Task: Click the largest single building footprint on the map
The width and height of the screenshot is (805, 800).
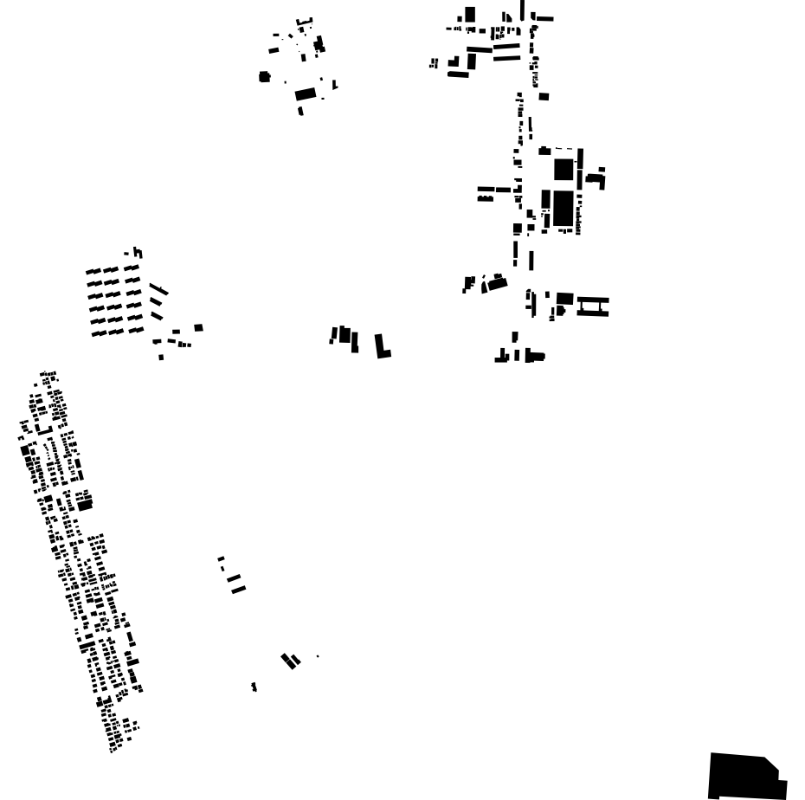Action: point(744,776)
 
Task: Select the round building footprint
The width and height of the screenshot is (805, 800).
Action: point(265,77)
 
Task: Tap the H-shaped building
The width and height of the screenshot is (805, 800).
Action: point(593,306)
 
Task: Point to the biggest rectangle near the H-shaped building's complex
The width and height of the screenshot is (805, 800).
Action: point(563,209)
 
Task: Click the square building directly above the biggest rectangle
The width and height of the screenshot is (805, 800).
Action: point(563,169)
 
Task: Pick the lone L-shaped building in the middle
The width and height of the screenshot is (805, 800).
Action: point(382,346)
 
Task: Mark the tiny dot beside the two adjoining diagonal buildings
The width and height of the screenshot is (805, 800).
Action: point(318,656)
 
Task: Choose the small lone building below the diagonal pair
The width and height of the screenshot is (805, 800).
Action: point(254,687)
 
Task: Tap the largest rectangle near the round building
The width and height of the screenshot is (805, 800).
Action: point(306,94)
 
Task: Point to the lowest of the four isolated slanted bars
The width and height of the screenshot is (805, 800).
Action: point(238,590)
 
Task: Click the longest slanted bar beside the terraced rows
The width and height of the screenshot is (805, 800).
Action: point(158,288)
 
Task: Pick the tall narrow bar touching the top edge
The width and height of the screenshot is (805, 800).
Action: point(522,9)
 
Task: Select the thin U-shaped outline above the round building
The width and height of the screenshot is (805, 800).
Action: point(304,22)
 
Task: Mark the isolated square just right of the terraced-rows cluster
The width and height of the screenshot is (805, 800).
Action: point(198,327)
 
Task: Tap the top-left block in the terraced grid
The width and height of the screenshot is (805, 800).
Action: point(93,272)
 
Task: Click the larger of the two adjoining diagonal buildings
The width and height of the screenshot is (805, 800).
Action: point(287,661)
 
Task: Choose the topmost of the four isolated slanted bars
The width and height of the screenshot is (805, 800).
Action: point(221,558)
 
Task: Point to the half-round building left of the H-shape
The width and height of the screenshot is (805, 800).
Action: point(496,282)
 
